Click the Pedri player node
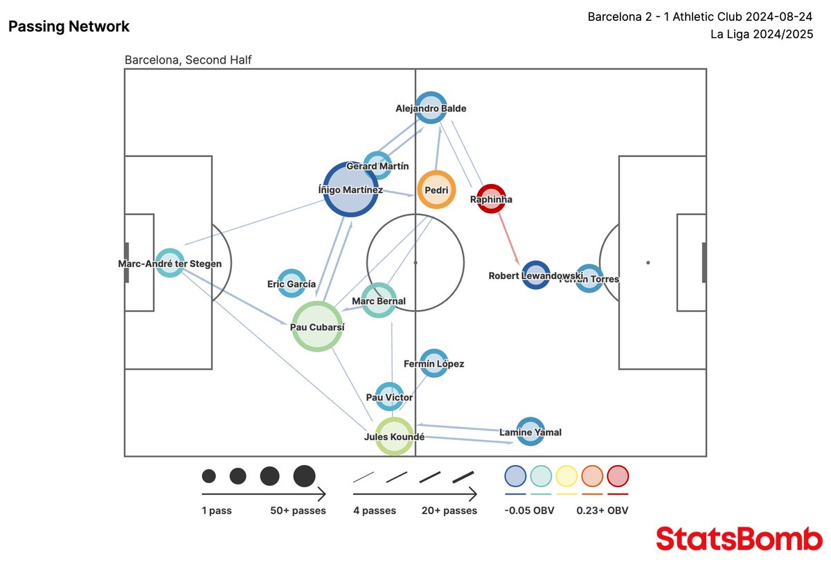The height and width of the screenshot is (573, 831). pyautogui.click(x=436, y=190)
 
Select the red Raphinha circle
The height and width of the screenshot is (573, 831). pyautogui.click(x=491, y=199)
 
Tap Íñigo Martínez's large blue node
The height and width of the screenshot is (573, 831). pyautogui.click(x=350, y=189)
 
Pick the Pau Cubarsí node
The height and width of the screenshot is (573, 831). pyautogui.click(x=318, y=327)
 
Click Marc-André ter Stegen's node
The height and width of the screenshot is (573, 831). pyautogui.click(x=170, y=263)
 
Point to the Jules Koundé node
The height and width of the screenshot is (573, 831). pyautogui.click(x=395, y=436)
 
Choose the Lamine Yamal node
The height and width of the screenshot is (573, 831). pyautogui.click(x=530, y=432)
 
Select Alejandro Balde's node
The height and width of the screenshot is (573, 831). pyautogui.click(x=431, y=108)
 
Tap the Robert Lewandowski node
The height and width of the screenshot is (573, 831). pyautogui.click(x=536, y=275)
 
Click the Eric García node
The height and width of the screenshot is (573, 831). pyautogui.click(x=292, y=284)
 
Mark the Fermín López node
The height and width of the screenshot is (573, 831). pyautogui.click(x=434, y=363)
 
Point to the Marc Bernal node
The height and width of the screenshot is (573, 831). pyautogui.click(x=379, y=300)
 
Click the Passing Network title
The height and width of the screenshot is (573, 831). pyautogui.click(x=69, y=27)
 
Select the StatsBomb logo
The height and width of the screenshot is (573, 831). pyautogui.click(x=739, y=538)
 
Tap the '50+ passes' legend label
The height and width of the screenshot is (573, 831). pyautogui.click(x=298, y=511)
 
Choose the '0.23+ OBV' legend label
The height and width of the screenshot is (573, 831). pyautogui.click(x=602, y=511)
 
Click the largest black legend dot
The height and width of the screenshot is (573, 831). pyautogui.click(x=304, y=476)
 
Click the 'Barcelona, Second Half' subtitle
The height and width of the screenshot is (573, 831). pyautogui.click(x=188, y=60)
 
